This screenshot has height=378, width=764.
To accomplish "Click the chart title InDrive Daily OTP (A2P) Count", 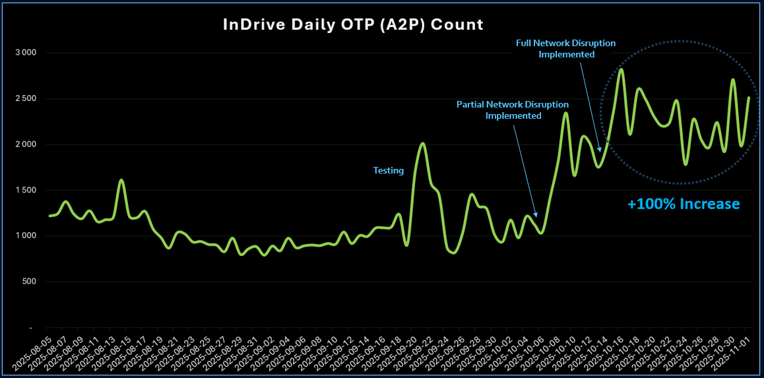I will (x=353, y=25).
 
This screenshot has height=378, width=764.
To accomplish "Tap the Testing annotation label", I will (x=389, y=170).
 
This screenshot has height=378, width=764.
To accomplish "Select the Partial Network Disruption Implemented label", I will (x=513, y=110).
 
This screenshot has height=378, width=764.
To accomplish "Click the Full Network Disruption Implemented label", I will (x=566, y=49).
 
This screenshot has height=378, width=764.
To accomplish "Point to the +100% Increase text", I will (x=684, y=204).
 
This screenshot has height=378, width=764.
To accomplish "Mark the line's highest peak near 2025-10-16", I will (x=621, y=69).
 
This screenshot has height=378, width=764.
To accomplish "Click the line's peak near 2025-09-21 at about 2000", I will (x=423, y=143).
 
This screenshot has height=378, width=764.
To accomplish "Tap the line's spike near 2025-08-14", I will (x=121, y=179).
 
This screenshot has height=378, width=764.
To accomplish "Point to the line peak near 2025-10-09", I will (x=566, y=113).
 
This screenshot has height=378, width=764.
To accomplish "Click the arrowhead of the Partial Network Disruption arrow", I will (x=537, y=216).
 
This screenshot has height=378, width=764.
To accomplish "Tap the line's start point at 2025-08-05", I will (x=49, y=216).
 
